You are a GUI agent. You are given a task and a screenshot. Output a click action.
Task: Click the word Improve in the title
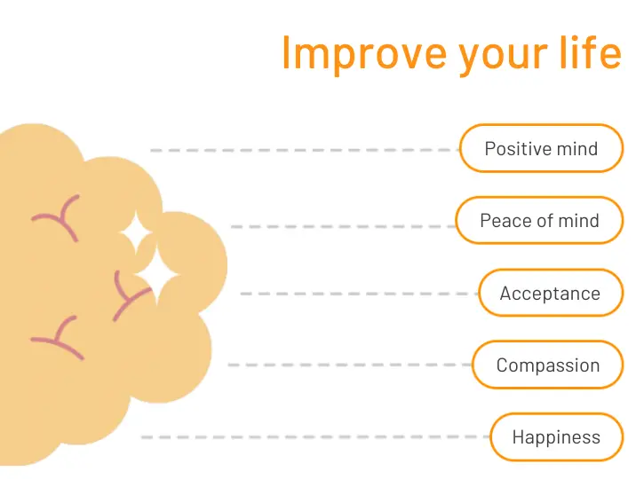point(364,53)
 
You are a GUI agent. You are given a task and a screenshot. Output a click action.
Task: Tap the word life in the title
point(591,51)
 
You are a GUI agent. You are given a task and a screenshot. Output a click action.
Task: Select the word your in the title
point(503,57)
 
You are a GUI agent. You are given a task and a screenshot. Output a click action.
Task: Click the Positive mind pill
point(541,148)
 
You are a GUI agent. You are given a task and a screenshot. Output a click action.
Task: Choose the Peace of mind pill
point(539,220)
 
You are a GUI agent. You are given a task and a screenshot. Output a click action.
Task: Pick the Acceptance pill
point(551,293)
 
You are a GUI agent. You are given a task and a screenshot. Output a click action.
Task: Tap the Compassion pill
point(547,365)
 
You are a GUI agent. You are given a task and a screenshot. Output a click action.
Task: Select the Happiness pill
point(556,437)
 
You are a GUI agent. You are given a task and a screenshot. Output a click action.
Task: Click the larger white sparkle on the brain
point(157,275)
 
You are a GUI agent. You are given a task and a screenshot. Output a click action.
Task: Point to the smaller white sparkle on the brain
point(136,232)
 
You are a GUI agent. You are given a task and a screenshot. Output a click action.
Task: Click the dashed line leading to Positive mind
point(305,150)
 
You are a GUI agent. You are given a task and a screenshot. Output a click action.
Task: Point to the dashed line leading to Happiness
point(315,437)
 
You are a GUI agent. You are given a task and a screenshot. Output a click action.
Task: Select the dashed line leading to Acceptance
point(360,294)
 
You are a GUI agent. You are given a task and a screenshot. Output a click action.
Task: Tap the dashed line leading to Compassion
point(350,365)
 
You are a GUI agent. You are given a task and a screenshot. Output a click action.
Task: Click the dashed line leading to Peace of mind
point(343,226)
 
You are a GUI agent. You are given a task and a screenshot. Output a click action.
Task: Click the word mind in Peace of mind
point(578,221)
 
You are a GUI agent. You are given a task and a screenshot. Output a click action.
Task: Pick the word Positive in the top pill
point(519,149)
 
